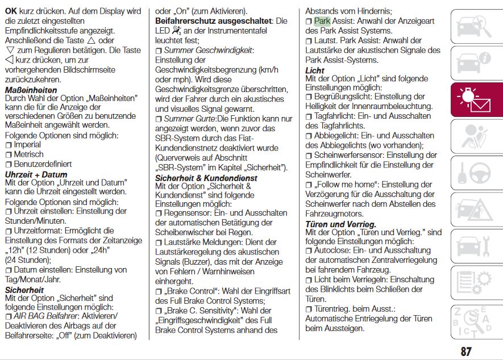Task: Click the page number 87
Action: point(466,351)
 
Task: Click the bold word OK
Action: point(11,11)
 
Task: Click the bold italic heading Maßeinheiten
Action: point(31,90)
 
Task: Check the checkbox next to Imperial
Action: point(9,145)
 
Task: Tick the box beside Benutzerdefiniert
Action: point(9,165)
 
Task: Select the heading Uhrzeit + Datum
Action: point(36,174)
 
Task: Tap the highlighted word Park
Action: point(322,21)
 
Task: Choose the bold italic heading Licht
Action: point(315,70)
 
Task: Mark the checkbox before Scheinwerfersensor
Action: point(309,156)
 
